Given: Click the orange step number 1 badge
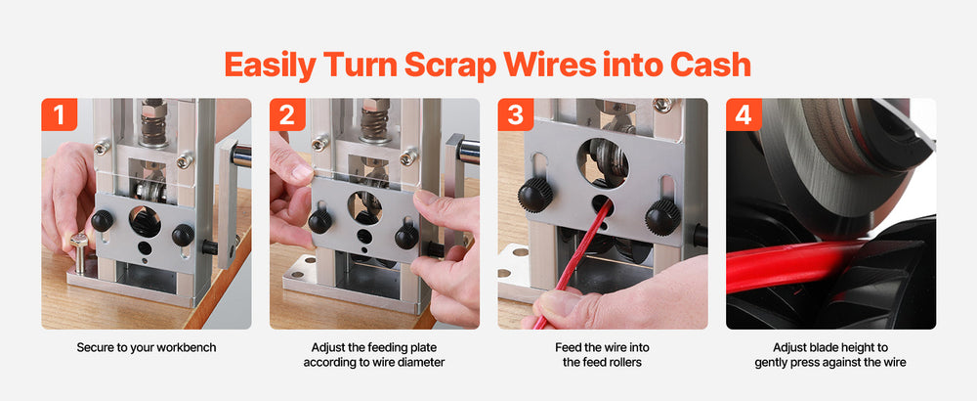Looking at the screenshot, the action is tap(60, 114).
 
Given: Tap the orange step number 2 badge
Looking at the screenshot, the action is tap(287, 114).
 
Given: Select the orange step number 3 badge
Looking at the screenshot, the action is tap(515, 114).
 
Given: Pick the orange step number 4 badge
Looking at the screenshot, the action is tap(743, 114).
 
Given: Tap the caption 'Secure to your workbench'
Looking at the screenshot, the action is tap(147, 347).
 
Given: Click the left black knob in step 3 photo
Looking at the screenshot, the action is tap(535, 196).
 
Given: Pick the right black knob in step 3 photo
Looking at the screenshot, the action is tap(662, 216).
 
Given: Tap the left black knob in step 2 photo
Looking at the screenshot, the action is tap(319, 221).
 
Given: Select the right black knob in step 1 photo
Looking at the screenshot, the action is tap(184, 235).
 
